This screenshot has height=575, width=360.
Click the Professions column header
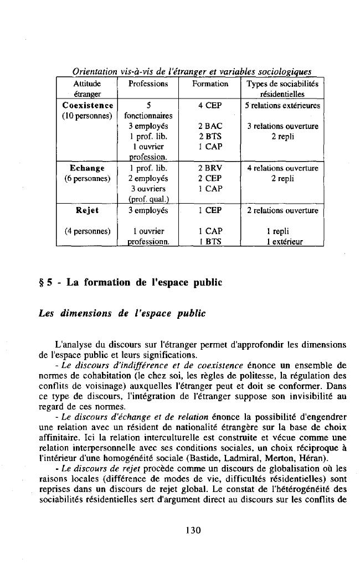pyautogui.click(x=148, y=84)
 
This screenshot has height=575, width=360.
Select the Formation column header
pyautogui.click(x=210, y=84)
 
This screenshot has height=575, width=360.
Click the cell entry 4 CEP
pyautogui.click(x=210, y=105)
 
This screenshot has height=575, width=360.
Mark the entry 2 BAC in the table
pyautogui.click(x=210, y=126)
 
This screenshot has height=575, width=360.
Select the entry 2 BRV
pyautogui.click(x=210, y=168)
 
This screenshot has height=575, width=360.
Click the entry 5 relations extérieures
pyautogui.click(x=282, y=105)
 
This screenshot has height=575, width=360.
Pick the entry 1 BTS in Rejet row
pyautogui.click(x=210, y=241)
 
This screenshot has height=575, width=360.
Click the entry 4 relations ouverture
pyautogui.click(x=282, y=168)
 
